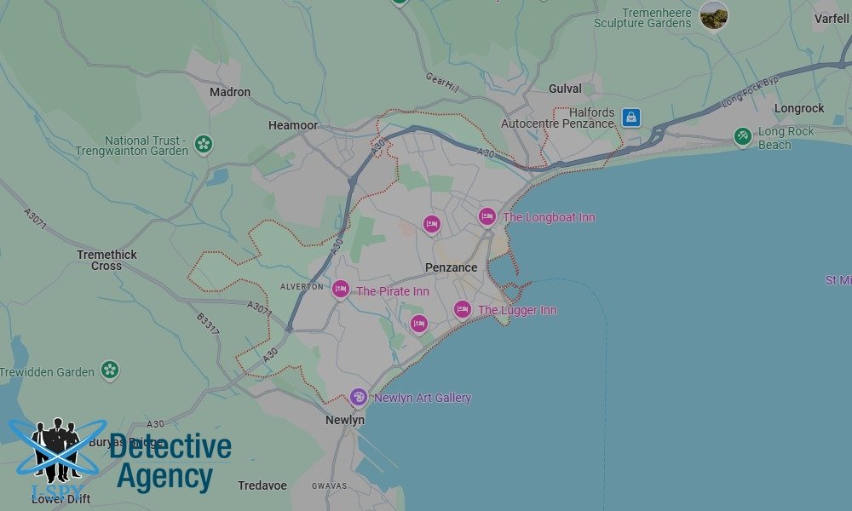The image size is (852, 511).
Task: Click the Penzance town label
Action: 451,267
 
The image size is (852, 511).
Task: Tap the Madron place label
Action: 230,92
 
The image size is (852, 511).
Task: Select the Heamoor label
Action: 293,125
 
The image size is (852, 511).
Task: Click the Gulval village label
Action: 566,89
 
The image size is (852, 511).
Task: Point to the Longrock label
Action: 799,108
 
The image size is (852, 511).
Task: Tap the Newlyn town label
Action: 345,420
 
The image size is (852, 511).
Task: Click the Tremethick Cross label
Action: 106,260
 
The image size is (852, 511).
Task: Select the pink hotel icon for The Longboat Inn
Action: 486,217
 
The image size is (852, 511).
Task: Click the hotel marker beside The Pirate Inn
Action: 341,290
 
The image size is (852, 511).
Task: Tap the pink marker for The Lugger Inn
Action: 463,310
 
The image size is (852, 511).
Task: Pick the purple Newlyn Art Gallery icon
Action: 359,397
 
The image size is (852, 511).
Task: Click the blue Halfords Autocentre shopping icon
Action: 631,118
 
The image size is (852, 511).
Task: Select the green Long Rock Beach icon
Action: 743,135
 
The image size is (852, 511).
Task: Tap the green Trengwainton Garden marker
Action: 204,144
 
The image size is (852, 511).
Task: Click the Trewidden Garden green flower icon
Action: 109,370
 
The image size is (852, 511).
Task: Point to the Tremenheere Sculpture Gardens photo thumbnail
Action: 714,15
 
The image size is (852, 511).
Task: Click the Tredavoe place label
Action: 262,485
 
